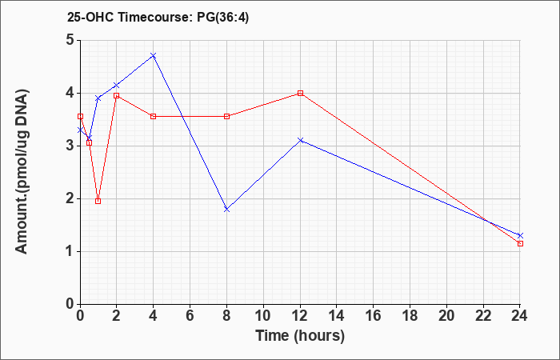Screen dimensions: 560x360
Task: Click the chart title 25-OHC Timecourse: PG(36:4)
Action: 158,17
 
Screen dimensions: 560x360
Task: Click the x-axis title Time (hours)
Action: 300,336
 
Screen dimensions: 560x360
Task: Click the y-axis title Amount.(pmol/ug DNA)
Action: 22,171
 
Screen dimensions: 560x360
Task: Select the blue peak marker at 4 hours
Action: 154,56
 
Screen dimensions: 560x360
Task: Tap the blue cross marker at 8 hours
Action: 226,210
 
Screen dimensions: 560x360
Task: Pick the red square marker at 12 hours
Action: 300,94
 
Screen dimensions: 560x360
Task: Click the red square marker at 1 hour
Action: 98,201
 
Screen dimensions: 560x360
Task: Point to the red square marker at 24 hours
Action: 520,243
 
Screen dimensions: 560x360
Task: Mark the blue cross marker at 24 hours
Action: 520,236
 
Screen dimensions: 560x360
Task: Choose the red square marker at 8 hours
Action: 226,117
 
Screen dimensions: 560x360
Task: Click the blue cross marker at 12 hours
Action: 300,140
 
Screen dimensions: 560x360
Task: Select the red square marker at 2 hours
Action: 117,96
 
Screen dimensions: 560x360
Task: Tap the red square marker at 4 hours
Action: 154,117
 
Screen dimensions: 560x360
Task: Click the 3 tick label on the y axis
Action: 70,146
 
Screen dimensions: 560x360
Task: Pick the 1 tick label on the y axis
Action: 70,251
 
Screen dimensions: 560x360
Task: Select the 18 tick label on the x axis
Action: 410,316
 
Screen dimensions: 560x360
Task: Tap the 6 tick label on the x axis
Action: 190,316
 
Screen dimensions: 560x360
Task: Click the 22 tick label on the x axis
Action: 483,316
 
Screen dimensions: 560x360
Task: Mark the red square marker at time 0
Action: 80,117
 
